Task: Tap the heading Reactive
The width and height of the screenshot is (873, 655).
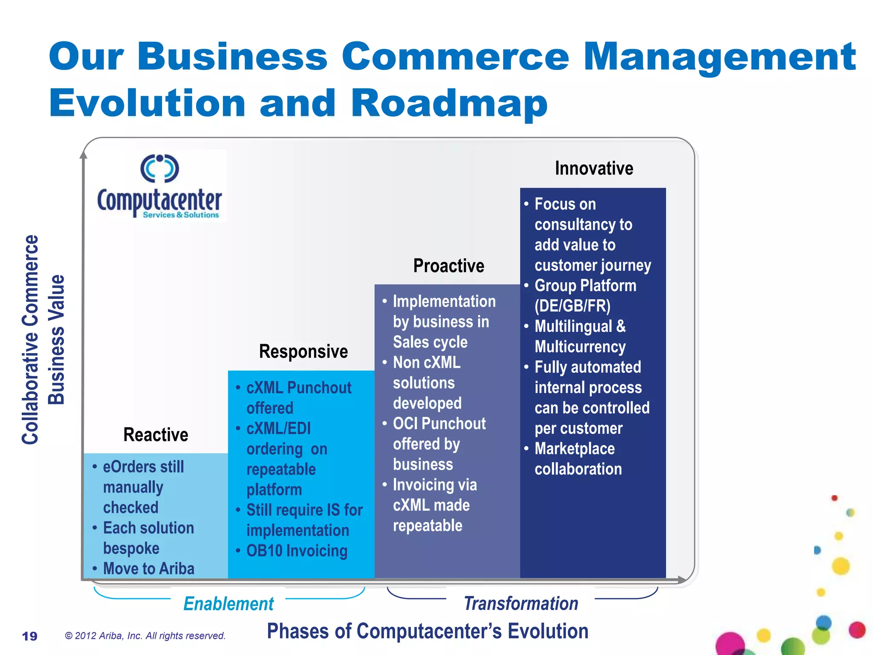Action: pos(156,435)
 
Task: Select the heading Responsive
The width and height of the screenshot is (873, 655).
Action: pos(304,352)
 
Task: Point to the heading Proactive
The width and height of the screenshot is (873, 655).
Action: pos(448,266)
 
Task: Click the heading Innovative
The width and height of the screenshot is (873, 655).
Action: pos(594,168)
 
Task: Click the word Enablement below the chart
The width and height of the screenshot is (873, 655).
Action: pos(228,604)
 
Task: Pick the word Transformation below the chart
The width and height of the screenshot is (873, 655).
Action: pos(521,604)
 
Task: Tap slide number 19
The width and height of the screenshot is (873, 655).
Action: pos(30,636)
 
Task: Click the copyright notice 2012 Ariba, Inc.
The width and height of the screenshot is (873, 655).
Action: pos(145,636)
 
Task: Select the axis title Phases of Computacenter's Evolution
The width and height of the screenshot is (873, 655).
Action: pos(428,631)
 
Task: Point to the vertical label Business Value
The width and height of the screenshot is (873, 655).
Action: pos(56,339)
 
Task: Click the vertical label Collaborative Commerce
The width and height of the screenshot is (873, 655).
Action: pos(30,339)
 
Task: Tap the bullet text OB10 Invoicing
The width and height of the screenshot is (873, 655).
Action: pos(297,551)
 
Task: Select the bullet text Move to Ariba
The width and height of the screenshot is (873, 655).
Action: pos(148,568)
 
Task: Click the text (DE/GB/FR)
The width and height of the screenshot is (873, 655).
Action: pos(572,306)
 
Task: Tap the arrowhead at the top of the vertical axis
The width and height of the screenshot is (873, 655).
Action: pos(84,154)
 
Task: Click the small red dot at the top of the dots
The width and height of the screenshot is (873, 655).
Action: pos(835,498)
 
